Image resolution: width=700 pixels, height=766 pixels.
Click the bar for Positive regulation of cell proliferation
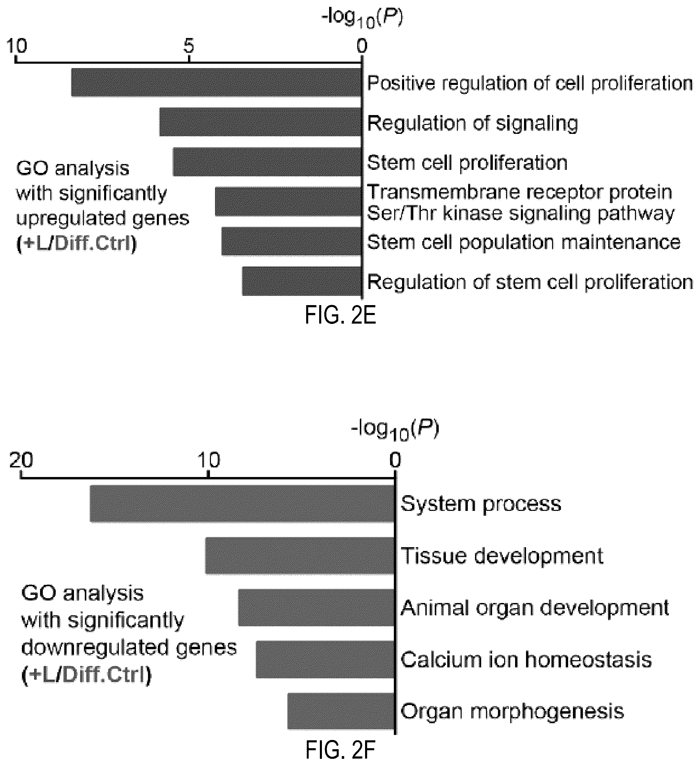click(216, 83)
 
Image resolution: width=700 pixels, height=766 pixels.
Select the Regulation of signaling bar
click(260, 122)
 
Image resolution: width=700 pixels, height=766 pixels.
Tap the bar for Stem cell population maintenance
click(291, 241)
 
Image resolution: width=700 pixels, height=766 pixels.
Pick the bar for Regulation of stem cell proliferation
click(302, 281)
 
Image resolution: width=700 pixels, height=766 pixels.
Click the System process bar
click(242, 504)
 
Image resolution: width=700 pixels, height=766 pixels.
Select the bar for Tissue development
click(300, 556)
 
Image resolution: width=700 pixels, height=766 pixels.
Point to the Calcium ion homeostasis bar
click(325, 660)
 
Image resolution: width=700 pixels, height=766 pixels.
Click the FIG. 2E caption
click(340, 315)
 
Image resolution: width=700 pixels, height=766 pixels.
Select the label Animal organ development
click(535, 608)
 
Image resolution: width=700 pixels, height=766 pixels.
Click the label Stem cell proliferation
click(467, 163)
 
